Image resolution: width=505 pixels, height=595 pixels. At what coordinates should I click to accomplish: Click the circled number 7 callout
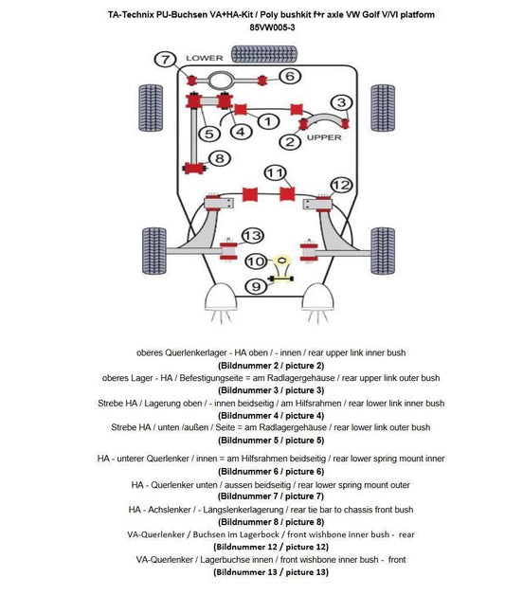(166, 60)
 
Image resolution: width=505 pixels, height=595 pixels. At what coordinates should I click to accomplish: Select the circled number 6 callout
(291, 76)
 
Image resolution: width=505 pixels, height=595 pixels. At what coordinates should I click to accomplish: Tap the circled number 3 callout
(341, 102)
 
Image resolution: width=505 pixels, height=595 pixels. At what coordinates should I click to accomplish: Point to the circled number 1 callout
(268, 121)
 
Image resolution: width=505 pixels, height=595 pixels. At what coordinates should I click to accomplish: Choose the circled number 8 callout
(218, 158)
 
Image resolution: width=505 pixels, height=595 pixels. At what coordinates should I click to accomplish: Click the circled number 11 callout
(276, 173)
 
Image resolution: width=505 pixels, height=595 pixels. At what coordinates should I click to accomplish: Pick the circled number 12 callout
(341, 185)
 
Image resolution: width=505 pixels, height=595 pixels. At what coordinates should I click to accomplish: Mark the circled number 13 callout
(252, 236)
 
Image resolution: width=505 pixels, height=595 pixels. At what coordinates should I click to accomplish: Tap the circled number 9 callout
(254, 286)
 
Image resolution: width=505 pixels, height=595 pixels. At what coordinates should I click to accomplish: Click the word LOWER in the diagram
(204, 58)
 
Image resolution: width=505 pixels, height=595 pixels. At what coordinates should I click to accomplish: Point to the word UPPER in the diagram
(323, 137)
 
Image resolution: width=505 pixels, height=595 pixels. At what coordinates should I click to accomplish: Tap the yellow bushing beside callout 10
(280, 261)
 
